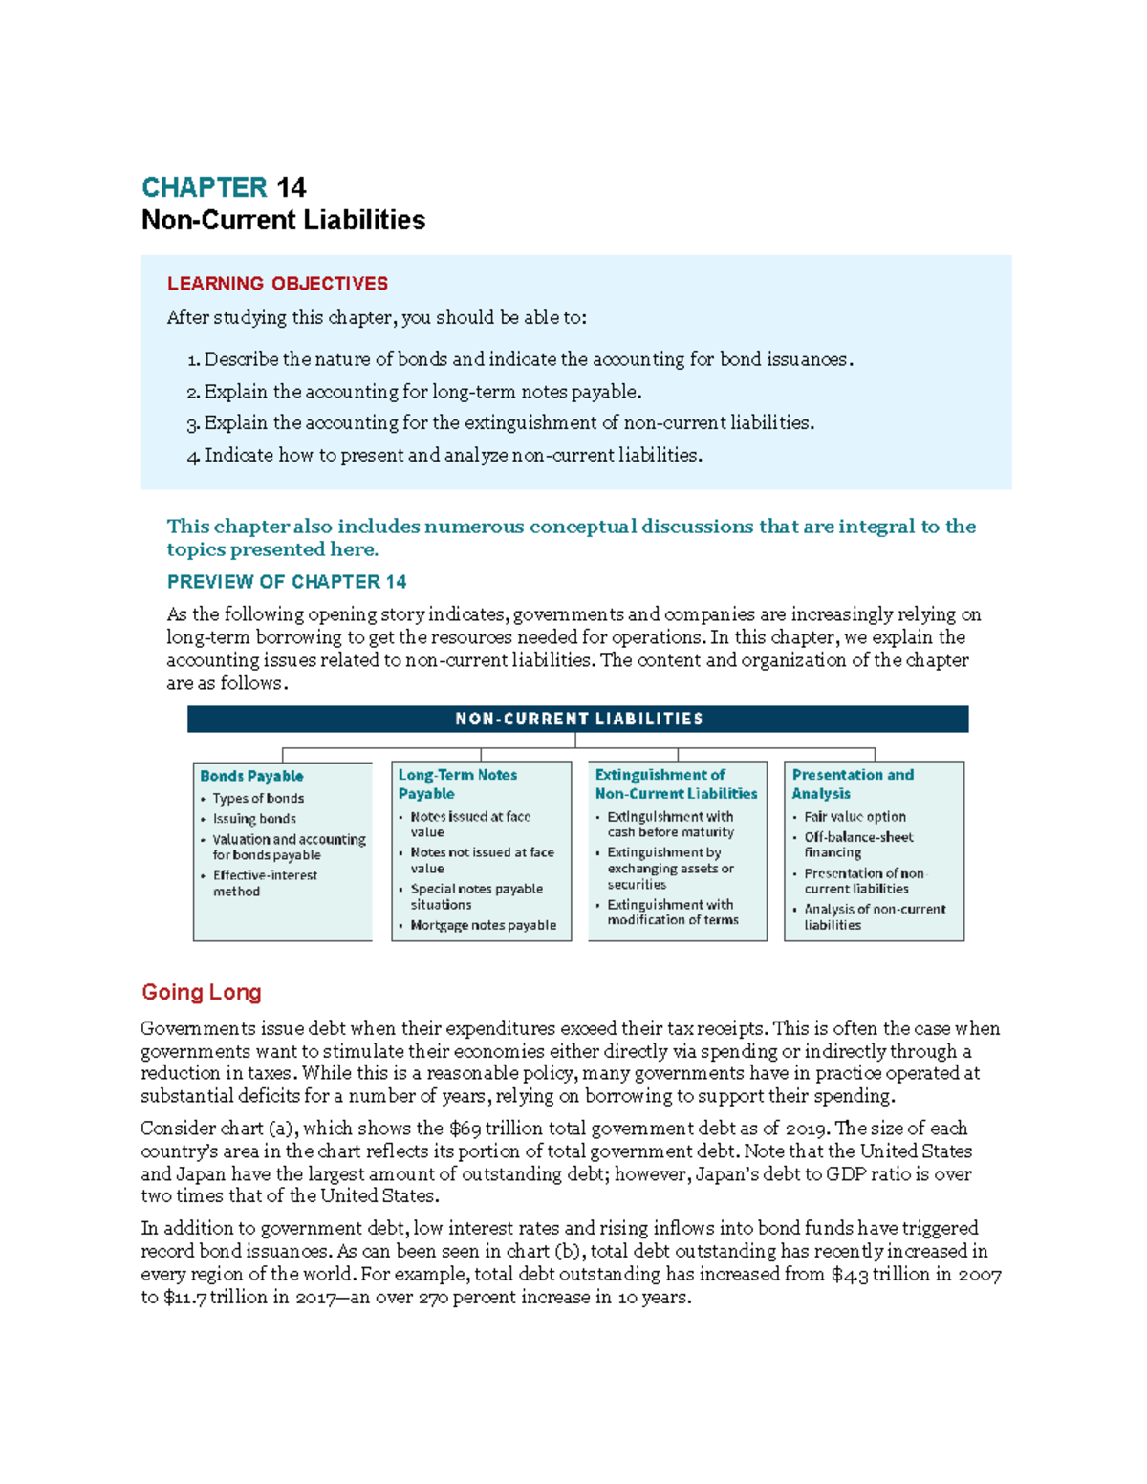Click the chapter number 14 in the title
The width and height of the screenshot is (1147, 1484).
291,187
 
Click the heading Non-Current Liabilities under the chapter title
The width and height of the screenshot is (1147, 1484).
283,221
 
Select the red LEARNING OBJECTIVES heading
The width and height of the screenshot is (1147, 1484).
277,284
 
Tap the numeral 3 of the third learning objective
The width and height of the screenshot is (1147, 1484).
192,424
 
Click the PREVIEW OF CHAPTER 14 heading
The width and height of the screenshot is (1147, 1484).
287,582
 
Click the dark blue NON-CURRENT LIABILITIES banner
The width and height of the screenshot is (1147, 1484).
577,719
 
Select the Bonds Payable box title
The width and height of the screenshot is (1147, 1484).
251,776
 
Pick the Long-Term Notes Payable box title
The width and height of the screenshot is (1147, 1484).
457,785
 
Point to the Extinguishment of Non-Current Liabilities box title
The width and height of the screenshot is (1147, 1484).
675,785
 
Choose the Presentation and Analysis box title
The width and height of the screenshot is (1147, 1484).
852,785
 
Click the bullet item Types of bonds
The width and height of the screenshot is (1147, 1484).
258,799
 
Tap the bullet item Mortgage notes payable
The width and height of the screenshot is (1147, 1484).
483,925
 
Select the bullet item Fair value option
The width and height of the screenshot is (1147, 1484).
855,817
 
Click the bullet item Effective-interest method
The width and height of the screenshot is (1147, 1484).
264,883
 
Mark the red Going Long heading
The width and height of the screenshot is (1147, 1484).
202,993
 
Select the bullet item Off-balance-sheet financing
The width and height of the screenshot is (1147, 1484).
857,845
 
